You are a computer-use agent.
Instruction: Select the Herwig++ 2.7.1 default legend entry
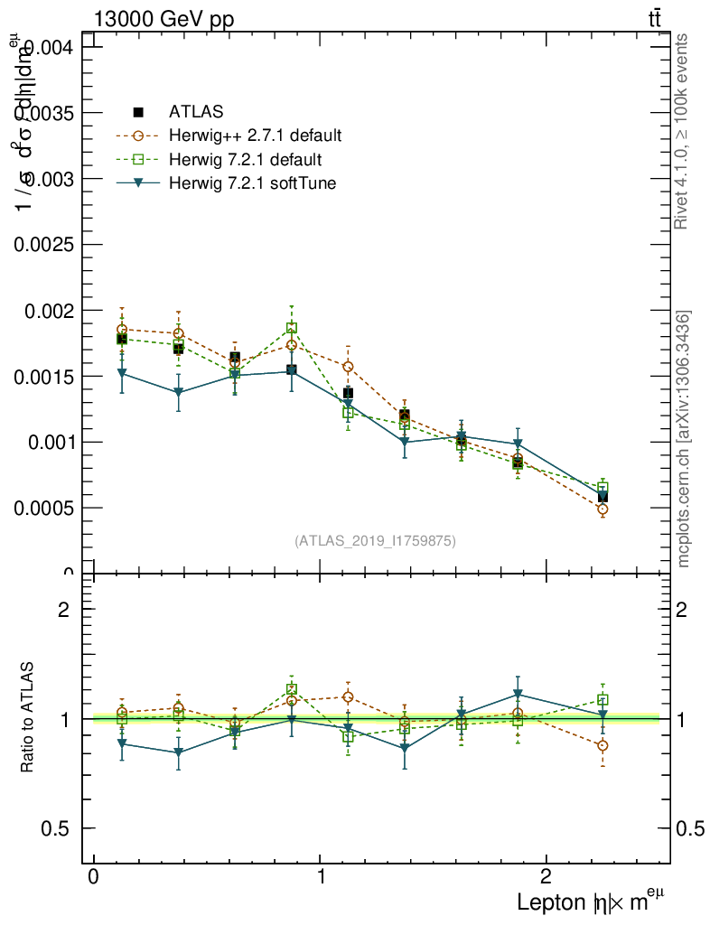click(255, 136)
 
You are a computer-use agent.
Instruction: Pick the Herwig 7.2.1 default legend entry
click(245, 161)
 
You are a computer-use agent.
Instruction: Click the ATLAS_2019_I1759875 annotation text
click(375, 541)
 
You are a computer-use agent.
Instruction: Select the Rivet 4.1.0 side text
click(683, 131)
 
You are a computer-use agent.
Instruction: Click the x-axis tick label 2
click(546, 878)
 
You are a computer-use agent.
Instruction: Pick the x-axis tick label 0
click(93, 878)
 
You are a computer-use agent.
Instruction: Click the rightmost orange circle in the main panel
click(603, 509)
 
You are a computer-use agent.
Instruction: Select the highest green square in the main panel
click(292, 328)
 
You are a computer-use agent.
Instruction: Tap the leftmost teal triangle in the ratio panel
click(121, 743)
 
